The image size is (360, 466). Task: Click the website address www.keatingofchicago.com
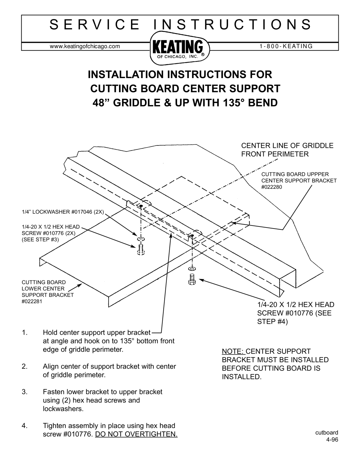tap(85, 47)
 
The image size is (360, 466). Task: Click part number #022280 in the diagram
tap(272, 187)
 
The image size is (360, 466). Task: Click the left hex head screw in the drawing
tap(141, 249)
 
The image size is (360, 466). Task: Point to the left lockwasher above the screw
tap(141, 239)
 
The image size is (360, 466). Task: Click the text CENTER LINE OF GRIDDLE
tap(287, 145)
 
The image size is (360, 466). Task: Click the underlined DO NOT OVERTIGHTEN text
tap(136, 435)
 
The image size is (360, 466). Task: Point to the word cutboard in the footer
tap(329, 433)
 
